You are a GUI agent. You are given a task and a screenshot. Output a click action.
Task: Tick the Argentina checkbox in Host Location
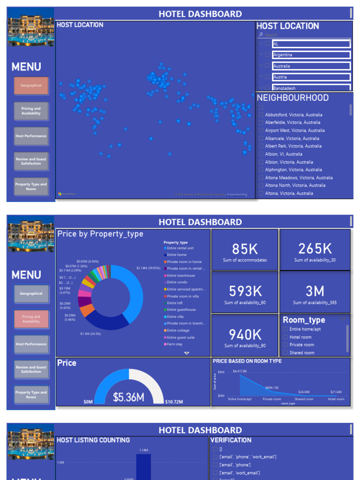268,55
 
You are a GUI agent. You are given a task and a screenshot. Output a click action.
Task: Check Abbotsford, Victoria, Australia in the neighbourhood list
262,115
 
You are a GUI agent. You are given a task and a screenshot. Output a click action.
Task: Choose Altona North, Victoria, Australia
295,186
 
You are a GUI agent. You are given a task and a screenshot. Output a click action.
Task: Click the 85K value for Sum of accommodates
245,249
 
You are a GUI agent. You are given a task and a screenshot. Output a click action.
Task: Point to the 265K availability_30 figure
315,248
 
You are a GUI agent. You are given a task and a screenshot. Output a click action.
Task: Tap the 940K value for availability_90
245,334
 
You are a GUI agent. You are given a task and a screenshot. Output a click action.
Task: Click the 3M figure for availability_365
315,291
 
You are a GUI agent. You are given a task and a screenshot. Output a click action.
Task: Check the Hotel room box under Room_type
285,337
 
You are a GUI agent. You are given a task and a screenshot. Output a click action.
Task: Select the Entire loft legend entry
175,303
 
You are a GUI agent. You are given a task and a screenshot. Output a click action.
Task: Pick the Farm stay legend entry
174,344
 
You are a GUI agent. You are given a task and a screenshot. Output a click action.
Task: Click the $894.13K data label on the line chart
272,388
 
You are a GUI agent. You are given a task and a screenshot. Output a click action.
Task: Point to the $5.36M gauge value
128,397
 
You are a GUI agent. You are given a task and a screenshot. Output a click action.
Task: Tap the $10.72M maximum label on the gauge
173,402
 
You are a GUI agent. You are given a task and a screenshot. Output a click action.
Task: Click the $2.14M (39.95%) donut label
148,268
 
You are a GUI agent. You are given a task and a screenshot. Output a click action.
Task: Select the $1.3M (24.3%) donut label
90,334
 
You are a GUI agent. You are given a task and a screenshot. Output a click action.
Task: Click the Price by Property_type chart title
100,234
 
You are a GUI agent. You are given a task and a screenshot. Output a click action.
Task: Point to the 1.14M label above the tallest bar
143,450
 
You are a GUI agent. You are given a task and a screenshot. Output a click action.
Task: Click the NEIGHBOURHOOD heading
292,98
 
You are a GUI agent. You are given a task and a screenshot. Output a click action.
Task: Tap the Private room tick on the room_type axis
271,399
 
